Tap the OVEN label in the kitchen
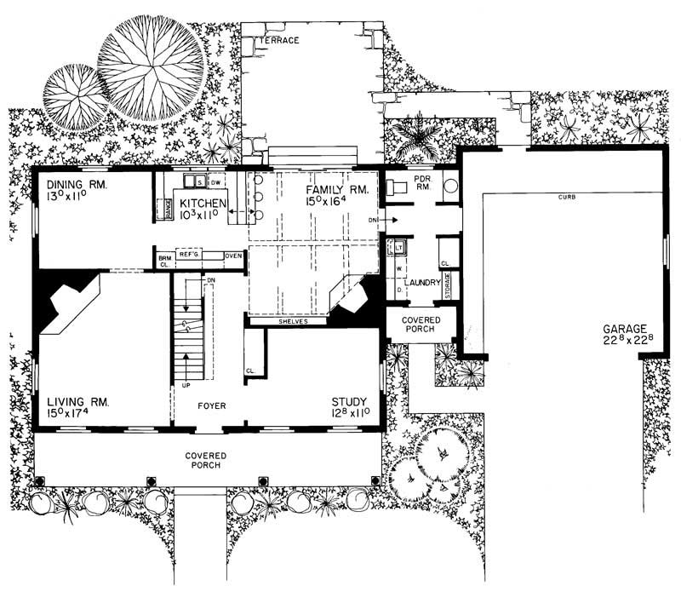[x=234, y=255]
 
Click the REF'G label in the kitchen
[x=189, y=255]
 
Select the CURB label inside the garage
[x=567, y=198]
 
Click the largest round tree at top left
[x=151, y=66]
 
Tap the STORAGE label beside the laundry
[x=449, y=283]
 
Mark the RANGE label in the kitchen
[x=169, y=209]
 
